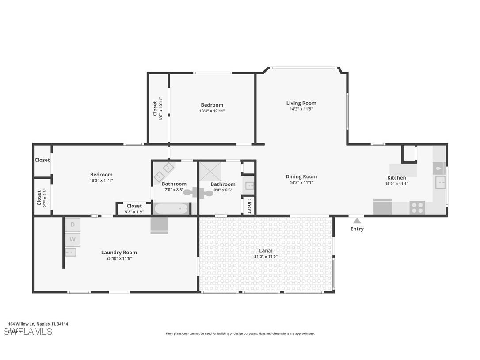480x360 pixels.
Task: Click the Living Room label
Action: point(301,103)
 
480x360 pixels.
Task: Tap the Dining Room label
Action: point(301,176)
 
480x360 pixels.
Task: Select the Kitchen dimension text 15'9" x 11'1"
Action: point(396,184)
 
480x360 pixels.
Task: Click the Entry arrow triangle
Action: point(357,220)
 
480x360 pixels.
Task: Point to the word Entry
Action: point(357,229)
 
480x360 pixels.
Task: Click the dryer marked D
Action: point(72,225)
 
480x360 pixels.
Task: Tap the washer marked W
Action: point(72,240)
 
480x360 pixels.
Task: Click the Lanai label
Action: point(266,251)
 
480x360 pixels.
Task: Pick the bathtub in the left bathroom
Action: point(171,208)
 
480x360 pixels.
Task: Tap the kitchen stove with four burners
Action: point(417,207)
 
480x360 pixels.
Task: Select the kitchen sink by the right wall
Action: point(440,182)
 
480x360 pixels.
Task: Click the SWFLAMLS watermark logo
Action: point(28,331)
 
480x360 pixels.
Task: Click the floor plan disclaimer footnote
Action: point(240,334)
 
